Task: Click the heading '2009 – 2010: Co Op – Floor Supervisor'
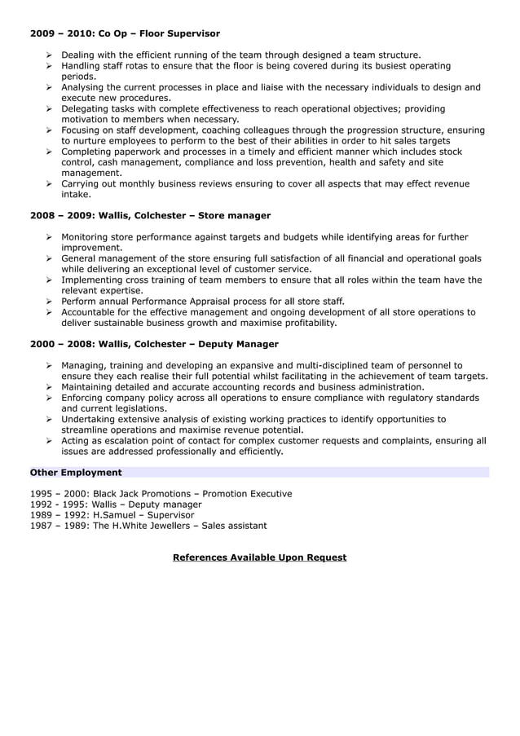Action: [125, 33]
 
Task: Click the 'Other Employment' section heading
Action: [76, 472]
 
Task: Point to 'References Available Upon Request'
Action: [259, 558]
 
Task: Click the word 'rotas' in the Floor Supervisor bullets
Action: [145, 66]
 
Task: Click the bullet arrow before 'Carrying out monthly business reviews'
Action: [51, 184]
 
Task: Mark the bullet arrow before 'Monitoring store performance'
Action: [51, 237]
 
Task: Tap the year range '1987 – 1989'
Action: [59, 526]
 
